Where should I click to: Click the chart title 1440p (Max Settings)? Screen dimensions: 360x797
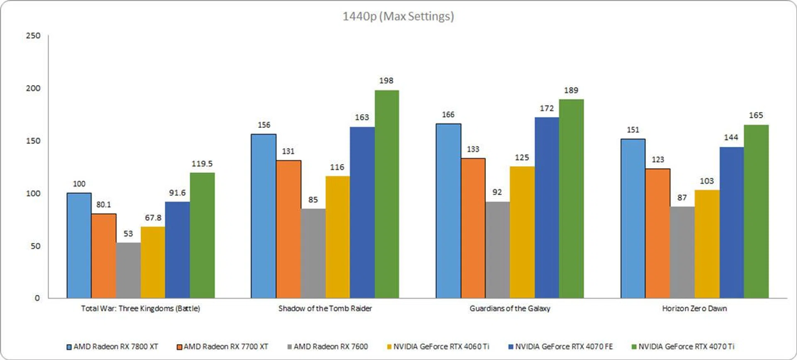pos(398,16)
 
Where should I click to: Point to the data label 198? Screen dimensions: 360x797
pos(386,81)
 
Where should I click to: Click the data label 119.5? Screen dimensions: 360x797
pos(202,164)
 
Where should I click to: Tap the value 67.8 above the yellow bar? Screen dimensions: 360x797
pos(153,218)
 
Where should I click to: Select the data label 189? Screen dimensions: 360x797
pos(571,90)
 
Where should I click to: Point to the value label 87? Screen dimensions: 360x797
pos(682,198)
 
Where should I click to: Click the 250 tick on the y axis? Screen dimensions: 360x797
pos(33,36)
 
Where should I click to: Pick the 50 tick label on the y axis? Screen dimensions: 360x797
pos(35,246)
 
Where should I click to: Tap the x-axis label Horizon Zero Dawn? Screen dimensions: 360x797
pos(694,309)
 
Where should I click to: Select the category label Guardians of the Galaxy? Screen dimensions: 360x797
pos(510,309)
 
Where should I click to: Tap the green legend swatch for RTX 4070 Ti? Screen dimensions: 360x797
pos(634,346)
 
